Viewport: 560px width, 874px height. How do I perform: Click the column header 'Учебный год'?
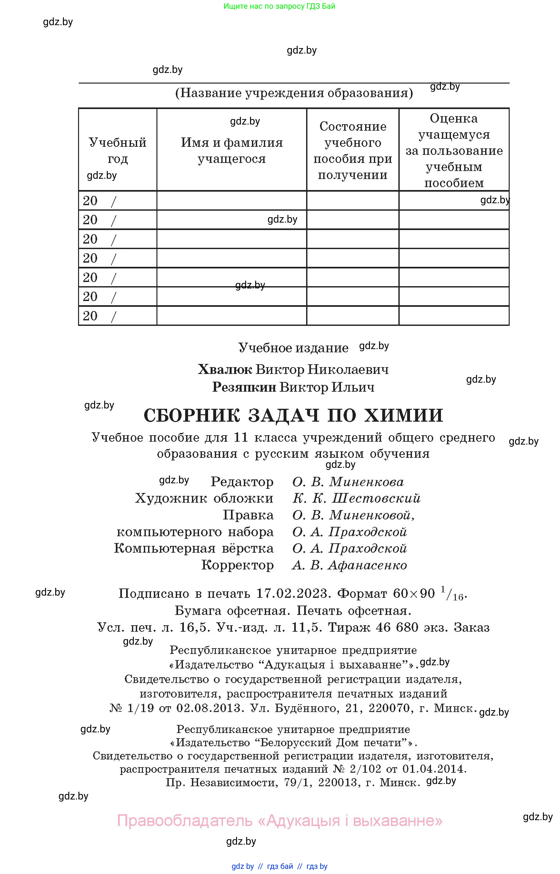(x=117, y=150)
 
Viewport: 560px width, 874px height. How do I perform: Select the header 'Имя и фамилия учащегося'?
(x=232, y=150)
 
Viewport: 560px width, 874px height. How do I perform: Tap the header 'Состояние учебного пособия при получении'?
(x=352, y=150)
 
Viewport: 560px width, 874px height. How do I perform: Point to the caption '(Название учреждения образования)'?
(x=294, y=93)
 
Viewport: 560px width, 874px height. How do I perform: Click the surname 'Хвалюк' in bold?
(x=225, y=369)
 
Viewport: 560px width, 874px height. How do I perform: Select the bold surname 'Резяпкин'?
(x=244, y=387)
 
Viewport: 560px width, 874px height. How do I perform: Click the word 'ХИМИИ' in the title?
(x=404, y=415)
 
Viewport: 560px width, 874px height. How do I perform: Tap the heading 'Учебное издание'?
(x=293, y=348)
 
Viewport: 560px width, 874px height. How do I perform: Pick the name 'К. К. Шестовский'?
(x=356, y=498)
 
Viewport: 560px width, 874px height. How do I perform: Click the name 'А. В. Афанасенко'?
(x=349, y=565)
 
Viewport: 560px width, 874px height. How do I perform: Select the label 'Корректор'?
(x=237, y=565)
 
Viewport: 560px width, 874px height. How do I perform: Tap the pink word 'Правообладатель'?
(x=185, y=820)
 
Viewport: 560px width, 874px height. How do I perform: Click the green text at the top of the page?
(x=279, y=6)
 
